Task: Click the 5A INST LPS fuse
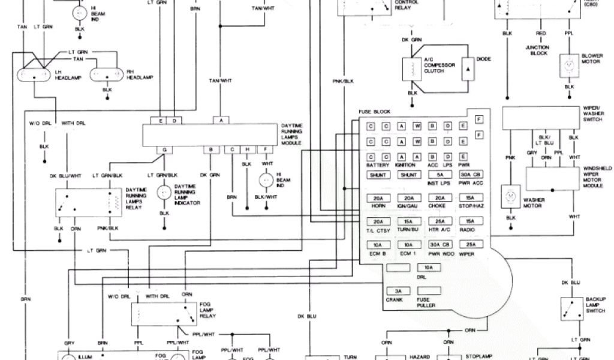click(440, 175)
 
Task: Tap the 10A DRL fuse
click(428, 268)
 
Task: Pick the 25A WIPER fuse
click(471, 245)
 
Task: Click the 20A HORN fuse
click(378, 199)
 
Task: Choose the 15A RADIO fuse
click(471, 222)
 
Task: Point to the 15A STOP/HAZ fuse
click(471, 199)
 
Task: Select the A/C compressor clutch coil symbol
click(412, 69)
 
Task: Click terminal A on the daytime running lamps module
click(221, 121)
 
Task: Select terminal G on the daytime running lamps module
click(163, 149)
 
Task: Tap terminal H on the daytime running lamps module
click(246, 149)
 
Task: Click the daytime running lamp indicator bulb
click(163, 193)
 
